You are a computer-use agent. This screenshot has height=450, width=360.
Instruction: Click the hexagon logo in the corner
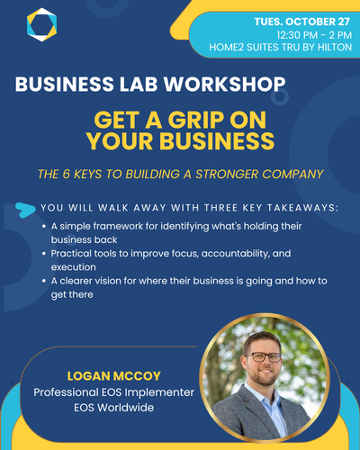[x=41, y=24]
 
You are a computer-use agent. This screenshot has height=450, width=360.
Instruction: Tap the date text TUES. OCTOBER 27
[x=302, y=22]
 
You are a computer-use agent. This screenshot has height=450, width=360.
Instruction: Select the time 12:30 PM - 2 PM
[x=314, y=35]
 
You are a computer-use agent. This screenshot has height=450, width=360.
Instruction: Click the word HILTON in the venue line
[x=335, y=47]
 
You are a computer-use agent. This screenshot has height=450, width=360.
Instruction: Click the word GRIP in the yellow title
[x=195, y=120]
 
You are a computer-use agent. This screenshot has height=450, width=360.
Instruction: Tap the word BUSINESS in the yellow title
[x=217, y=140]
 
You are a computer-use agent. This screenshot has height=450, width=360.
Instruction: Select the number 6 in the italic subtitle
[x=66, y=174]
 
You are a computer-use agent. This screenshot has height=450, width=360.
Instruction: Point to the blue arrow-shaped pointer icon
[x=25, y=210]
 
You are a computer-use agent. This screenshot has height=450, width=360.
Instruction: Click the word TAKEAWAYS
[x=302, y=208]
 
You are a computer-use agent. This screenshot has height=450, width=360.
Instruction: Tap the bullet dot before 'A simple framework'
[x=44, y=226]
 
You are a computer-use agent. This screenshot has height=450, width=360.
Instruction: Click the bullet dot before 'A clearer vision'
[x=44, y=281]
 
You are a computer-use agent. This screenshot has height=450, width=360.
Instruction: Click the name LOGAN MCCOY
[x=114, y=376]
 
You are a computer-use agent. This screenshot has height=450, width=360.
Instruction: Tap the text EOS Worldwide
[x=114, y=408]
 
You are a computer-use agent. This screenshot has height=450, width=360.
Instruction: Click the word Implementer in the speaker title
[x=159, y=392]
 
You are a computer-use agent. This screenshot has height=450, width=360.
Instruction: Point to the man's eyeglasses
[x=263, y=357]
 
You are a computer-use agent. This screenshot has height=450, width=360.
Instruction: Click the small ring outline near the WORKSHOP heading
[x=280, y=97]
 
